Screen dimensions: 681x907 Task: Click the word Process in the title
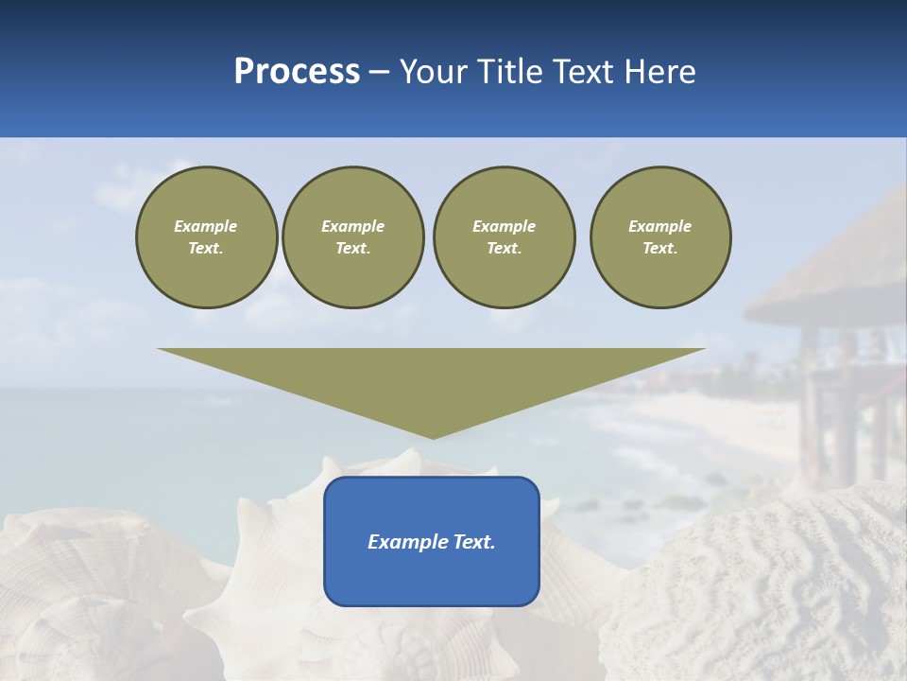(297, 72)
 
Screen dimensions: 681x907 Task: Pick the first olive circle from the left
(206, 237)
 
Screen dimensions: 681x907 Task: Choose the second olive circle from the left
(353, 237)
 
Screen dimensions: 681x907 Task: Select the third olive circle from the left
(504, 237)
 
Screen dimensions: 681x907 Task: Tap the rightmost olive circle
(660, 237)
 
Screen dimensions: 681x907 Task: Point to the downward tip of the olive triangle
(433, 436)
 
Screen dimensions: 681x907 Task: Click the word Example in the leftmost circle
(206, 226)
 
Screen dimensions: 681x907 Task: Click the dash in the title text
(380, 73)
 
